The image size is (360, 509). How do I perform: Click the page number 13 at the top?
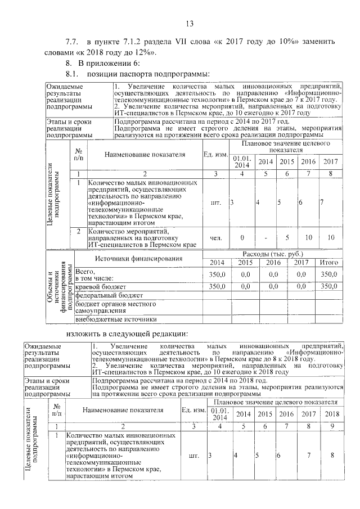click(189, 23)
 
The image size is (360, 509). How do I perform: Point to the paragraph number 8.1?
click(73, 74)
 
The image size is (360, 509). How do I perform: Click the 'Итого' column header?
click(328, 263)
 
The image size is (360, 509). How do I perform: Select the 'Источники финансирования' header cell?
click(138, 259)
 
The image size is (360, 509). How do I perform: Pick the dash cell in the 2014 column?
click(265, 238)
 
